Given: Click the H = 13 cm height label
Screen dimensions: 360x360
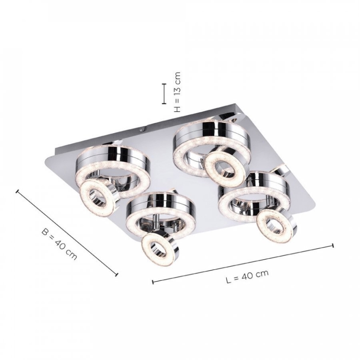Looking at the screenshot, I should coord(177,92).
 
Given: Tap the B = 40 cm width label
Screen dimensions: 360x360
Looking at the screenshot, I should coord(59,243).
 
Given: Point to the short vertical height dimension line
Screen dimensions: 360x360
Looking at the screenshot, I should coord(164,93).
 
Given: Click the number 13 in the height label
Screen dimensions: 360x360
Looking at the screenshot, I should coord(177,88).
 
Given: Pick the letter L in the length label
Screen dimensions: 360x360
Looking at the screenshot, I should coord(228,280).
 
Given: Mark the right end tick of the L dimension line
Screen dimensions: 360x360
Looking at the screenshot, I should coord(333,245).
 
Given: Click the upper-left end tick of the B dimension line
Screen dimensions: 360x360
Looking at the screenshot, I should coord(17,191).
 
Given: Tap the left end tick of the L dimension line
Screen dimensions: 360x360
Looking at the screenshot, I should coord(153,282).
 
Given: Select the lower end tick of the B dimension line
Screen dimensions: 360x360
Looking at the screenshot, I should coord(117,274).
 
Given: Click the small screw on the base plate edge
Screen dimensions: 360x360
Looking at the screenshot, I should coord(141,129).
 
